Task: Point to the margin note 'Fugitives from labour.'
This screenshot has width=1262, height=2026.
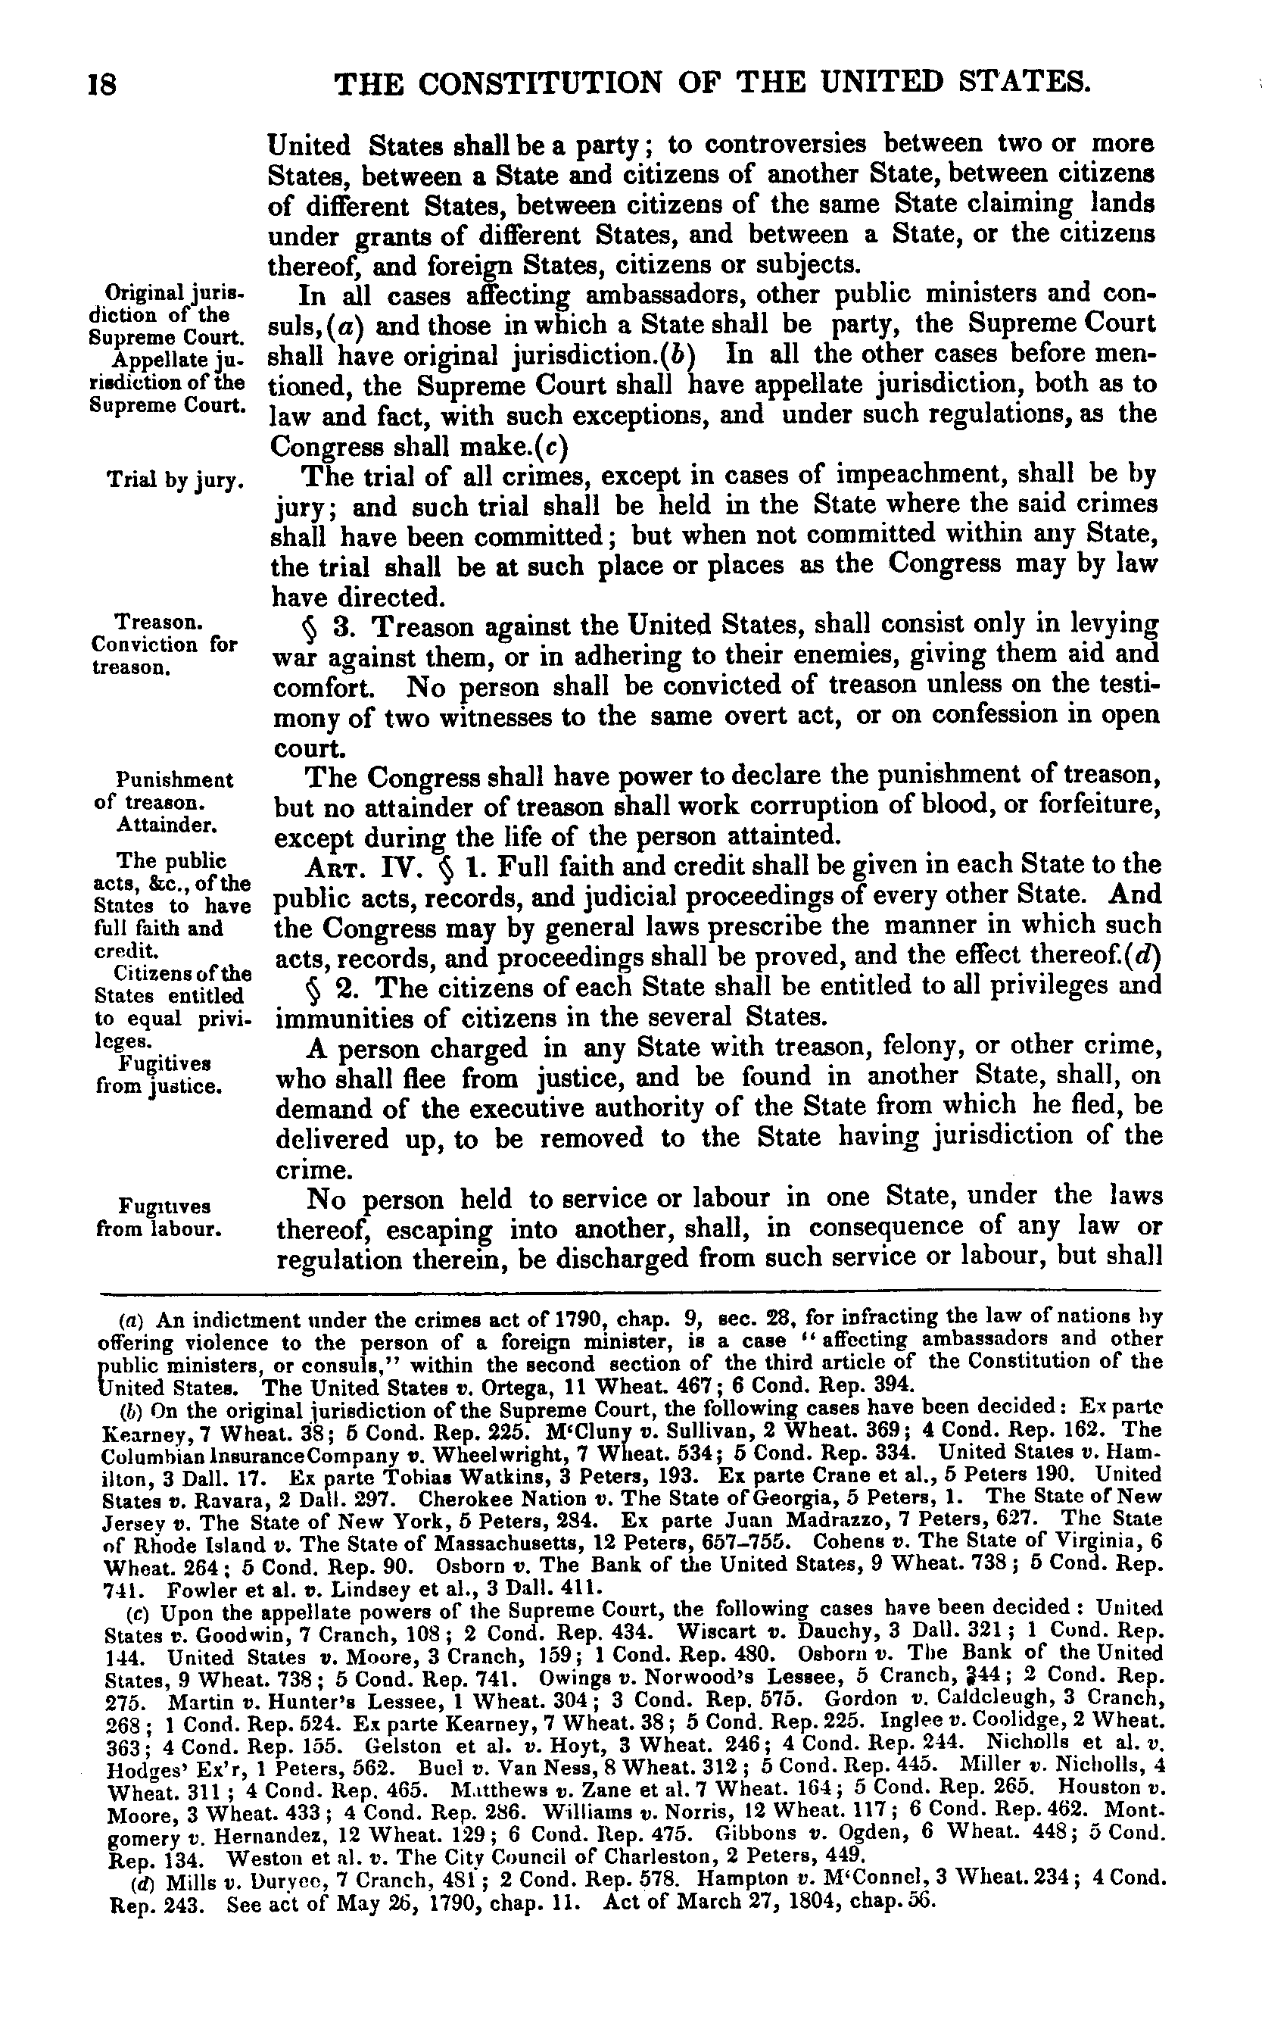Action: tap(158, 1217)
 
